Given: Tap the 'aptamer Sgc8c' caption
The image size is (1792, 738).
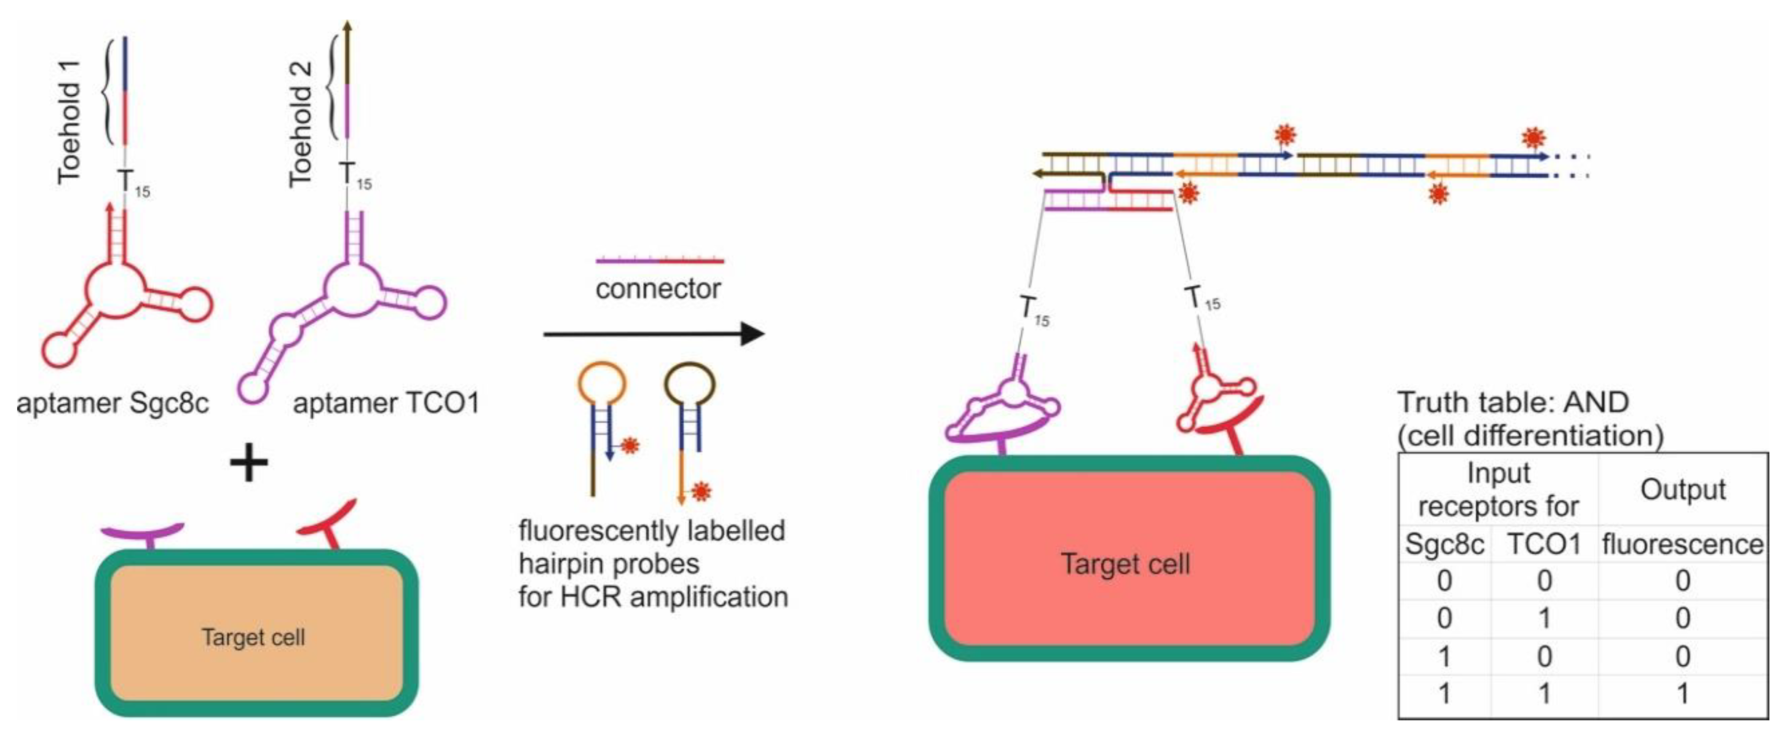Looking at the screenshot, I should pyautogui.click(x=112, y=404).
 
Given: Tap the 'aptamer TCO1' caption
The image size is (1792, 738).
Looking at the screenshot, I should pyautogui.click(x=386, y=404).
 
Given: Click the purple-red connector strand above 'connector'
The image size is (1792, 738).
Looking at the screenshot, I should pyautogui.click(x=660, y=261).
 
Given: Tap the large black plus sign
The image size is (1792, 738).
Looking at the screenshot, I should pyautogui.click(x=248, y=464).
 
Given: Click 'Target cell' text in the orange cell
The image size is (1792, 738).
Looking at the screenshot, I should pyautogui.click(x=253, y=637).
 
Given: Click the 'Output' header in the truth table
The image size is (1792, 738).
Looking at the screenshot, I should pyautogui.click(x=1682, y=490).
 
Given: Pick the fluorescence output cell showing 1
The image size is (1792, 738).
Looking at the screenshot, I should pyautogui.click(x=1682, y=693).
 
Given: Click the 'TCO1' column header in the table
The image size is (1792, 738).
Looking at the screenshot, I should pyautogui.click(x=1544, y=544).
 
